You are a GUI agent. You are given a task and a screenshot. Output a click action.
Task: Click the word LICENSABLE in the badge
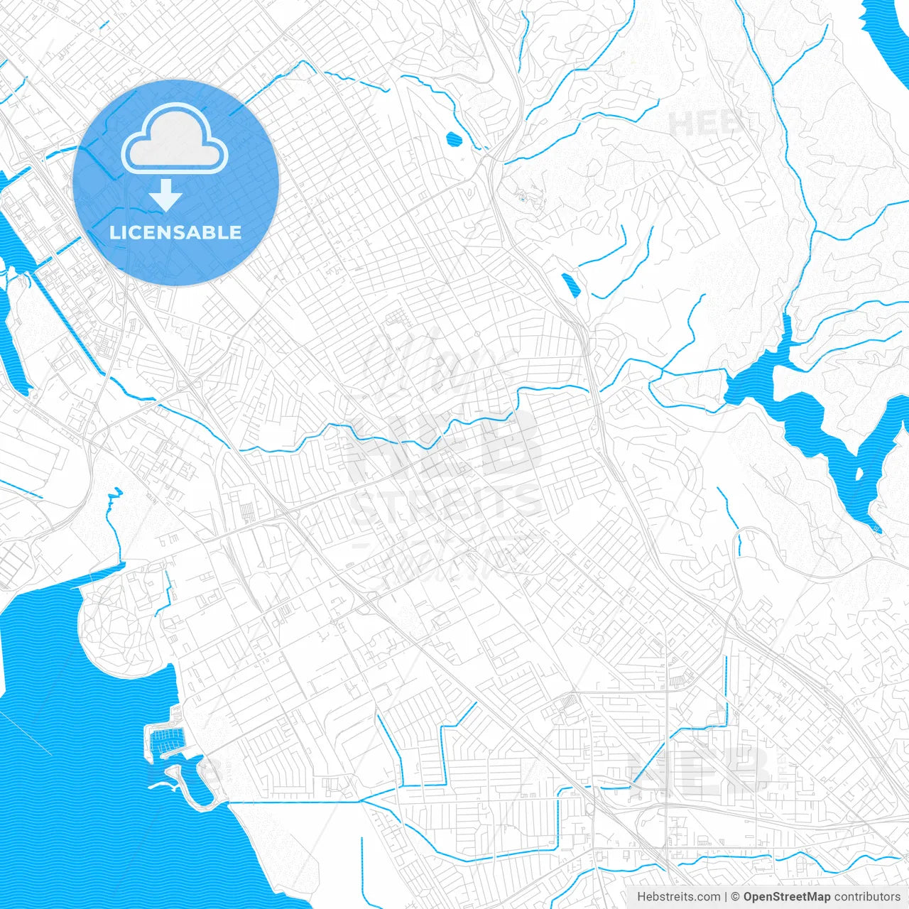click(175, 232)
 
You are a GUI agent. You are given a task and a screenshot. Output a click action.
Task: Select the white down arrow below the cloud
click(166, 195)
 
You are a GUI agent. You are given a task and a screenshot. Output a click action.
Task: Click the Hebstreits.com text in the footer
click(678, 897)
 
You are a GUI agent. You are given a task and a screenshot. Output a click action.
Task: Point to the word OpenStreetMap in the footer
click(786, 897)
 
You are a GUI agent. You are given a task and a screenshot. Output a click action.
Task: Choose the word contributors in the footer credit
click(867, 897)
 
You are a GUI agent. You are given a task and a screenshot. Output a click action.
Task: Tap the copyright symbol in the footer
click(735, 897)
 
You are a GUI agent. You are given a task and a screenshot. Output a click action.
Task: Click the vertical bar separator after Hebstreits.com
click(726, 897)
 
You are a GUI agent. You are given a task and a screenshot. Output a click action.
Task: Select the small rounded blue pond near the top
click(452, 138)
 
